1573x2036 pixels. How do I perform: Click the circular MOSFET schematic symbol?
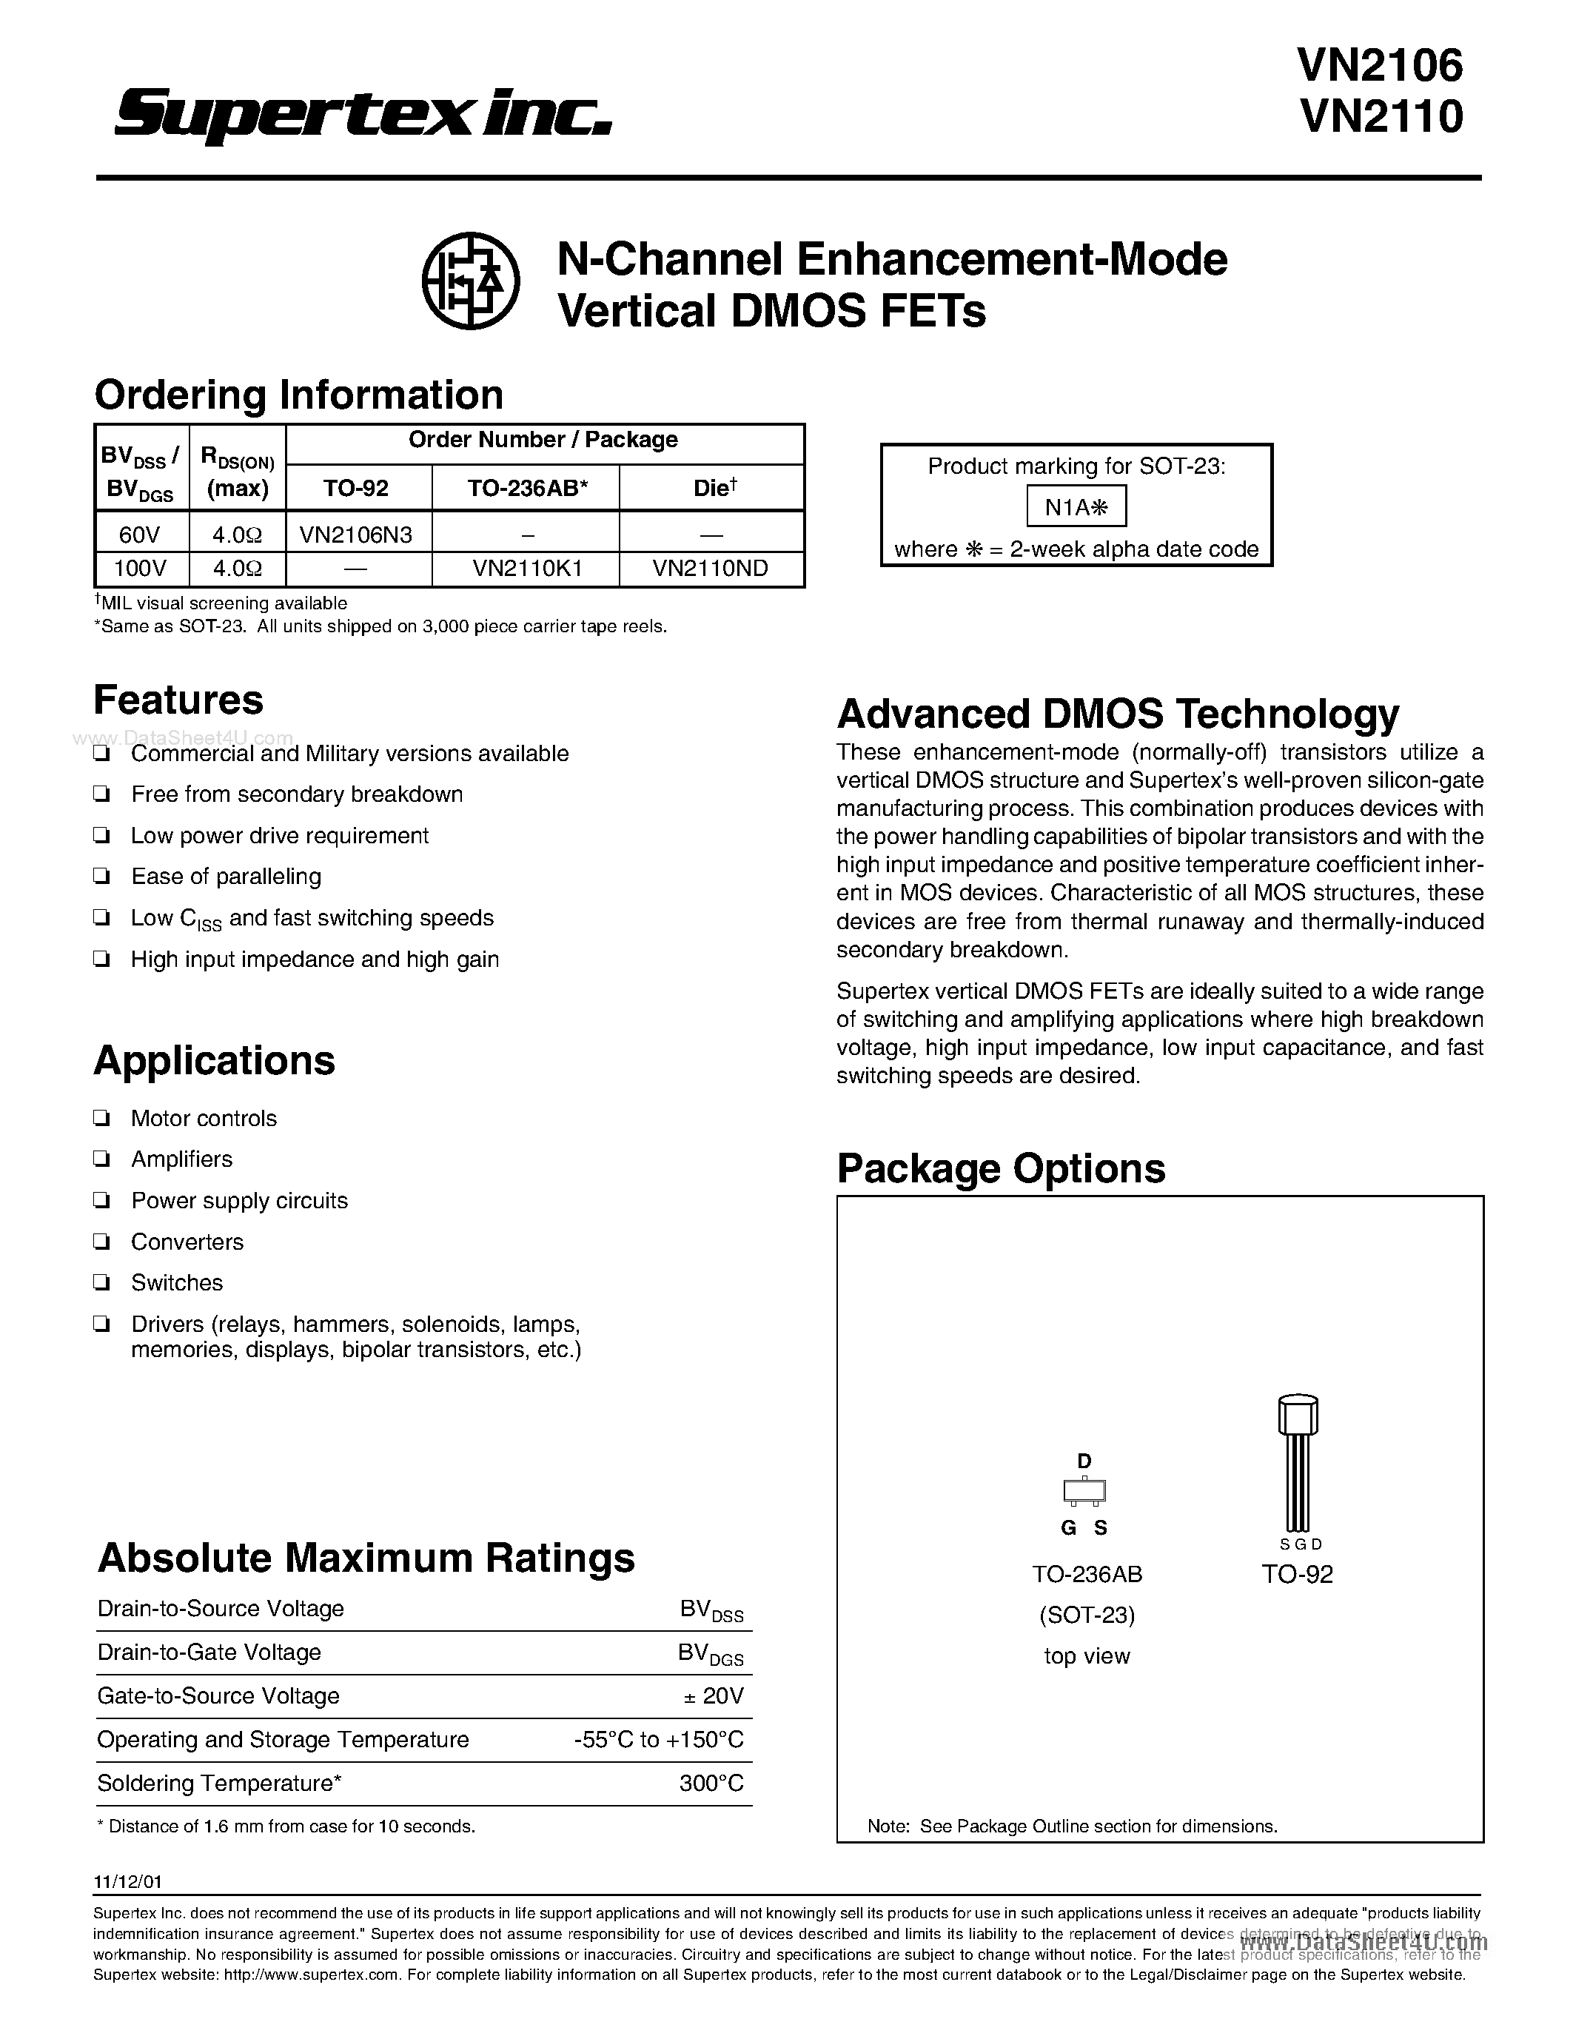click(x=471, y=281)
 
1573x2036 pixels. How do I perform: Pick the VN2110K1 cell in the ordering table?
click(x=526, y=568)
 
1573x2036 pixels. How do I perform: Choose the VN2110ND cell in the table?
click(x=711, y=568)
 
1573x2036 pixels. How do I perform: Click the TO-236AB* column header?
click(x=526, y=488)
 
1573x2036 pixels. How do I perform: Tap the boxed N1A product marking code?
click(x=1076, y=507)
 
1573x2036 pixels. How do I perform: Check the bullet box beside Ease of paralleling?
click(x=101, y=877)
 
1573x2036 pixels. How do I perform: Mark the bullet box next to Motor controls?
click(x=101, y=1119)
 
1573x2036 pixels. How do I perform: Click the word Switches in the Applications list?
click(x=177, y=1283)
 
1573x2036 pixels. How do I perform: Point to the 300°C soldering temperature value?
click(x=712, y=1784)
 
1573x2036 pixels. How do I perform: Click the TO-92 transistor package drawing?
click(x=1297, y=1464)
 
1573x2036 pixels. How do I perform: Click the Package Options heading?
click(x=1001, y=1169)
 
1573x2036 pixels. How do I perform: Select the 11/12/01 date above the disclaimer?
click(x=121, y=1882)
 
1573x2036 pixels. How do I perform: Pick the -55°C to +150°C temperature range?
click(x=659, y=1740)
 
